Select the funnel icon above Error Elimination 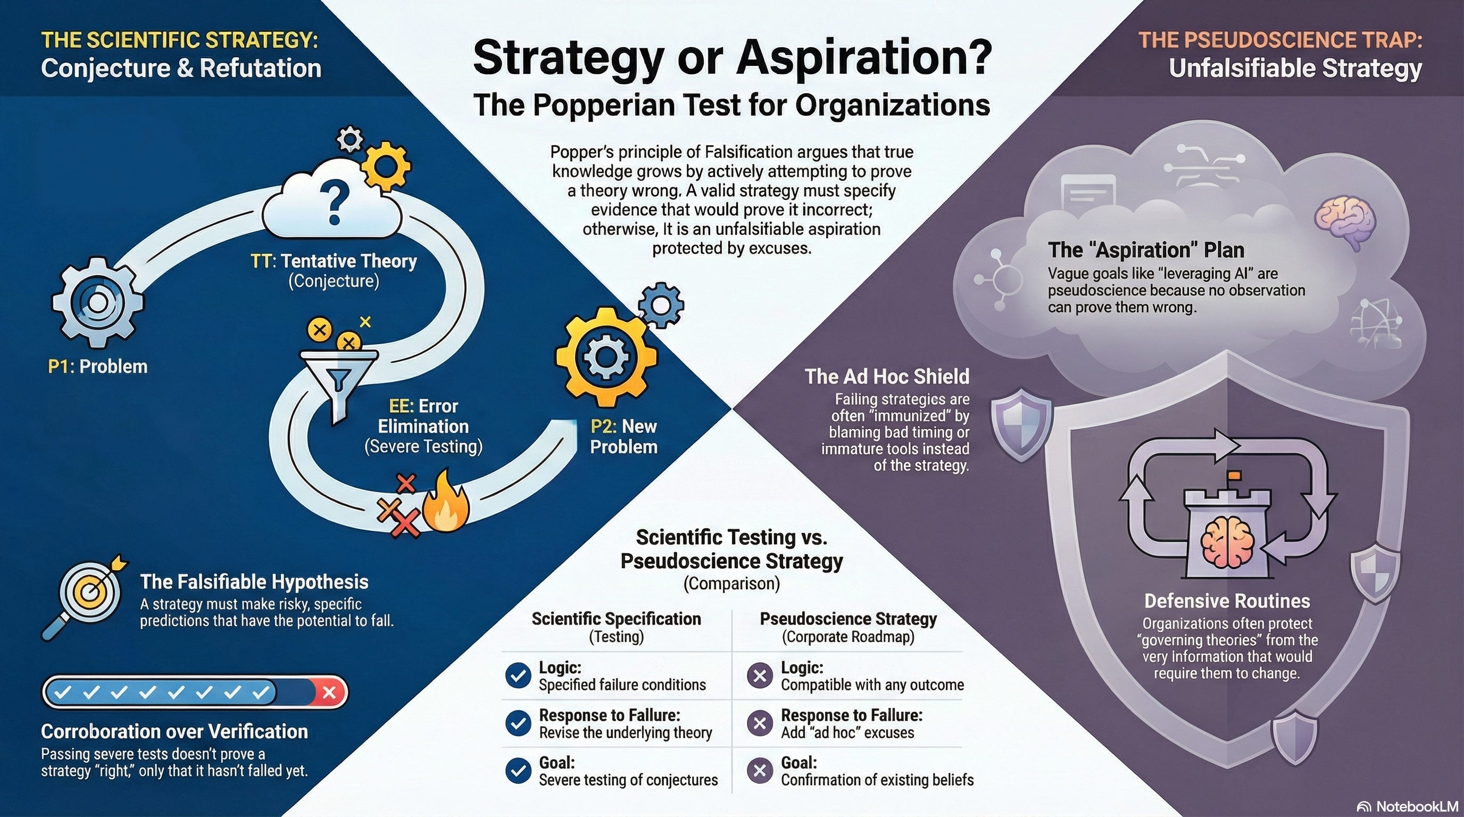pyautogui.click(x=339, y=378)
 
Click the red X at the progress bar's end pyautogui.click(x=329, y=692)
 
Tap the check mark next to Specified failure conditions pyautogui.click(x=518, y=676)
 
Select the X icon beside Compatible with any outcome pyautogui.click(x=759, y=676)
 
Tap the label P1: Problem pyautogui.click(x=98, y=366)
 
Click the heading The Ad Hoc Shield pyautogui.click(x=887, y=376)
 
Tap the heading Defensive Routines pyautogui.click(x=1226, y=601)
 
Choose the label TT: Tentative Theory pyautogui.click(x=334, y=261)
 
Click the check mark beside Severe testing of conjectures pyautogui.click(x=518, y=771)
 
